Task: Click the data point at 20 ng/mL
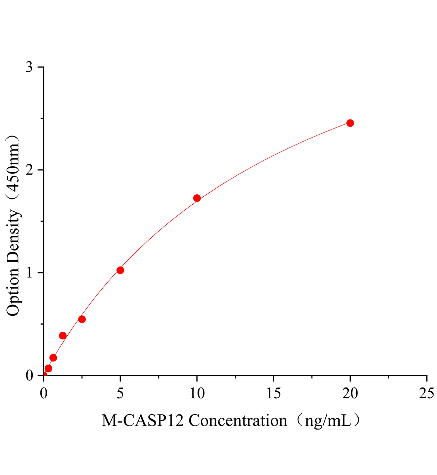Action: click(x=350, y=123)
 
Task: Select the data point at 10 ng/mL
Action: click(x=197, y=198)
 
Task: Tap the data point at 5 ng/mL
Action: click(x=120, y=270)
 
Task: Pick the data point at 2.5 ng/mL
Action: click(x=82, y=319)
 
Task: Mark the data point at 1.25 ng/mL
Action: click(x=63, y=336)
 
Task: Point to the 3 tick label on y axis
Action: click(x=29, y=67)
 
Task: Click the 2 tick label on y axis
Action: click(x=29, y=170)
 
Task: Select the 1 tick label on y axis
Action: click(x=29, y=273)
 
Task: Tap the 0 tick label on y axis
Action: click(x=29, y=375)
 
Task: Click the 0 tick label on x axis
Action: click(x=44, y=393)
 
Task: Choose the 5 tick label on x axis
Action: click(x=120, y=393)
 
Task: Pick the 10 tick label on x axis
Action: click(x=197, y=393)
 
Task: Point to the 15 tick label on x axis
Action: click(x=274, y=393)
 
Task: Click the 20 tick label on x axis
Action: click(x=350, y=393)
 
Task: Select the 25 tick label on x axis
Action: click(x=426, y=393)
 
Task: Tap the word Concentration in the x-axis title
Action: click(x=238, y=421)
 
